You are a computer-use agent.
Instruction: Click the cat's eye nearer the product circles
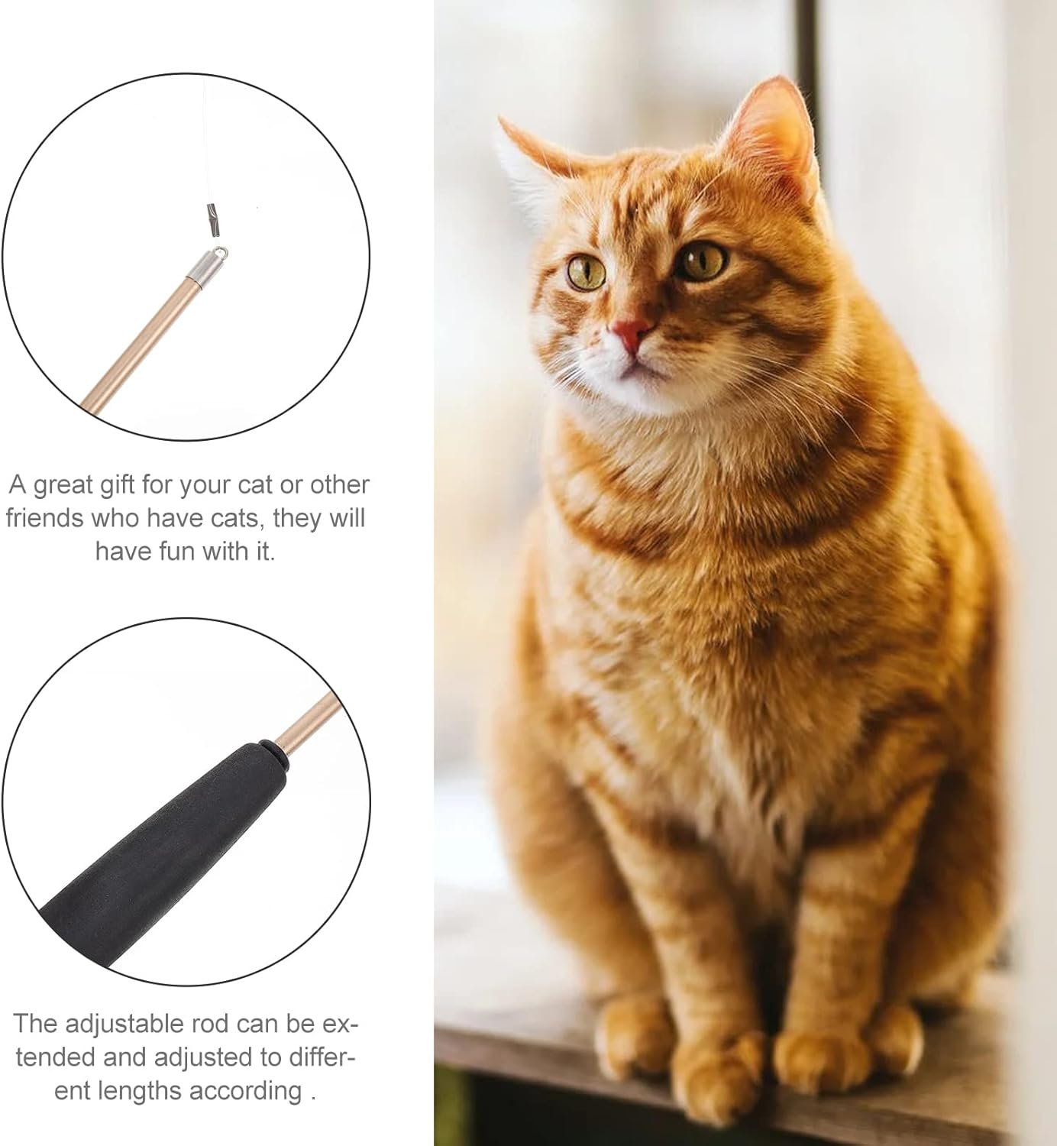pos(587,272)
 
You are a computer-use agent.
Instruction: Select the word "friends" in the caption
pos(45,517)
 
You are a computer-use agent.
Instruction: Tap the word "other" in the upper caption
pos(341,484)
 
